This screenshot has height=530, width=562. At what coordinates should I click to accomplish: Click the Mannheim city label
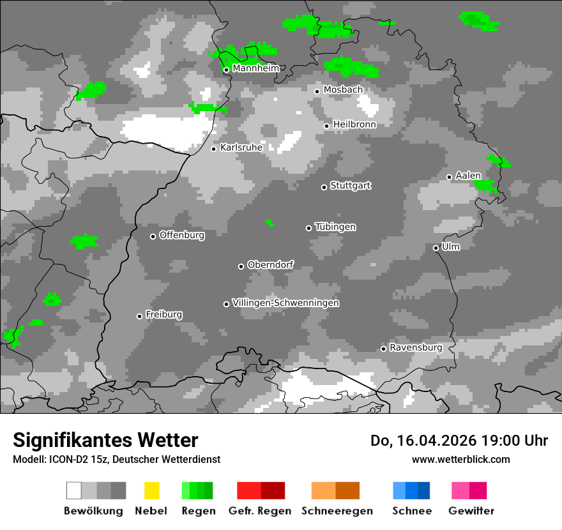tap(256, 68)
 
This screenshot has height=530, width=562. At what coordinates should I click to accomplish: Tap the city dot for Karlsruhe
tap(214, 149)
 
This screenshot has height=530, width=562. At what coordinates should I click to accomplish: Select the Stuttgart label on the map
tap(351, 186)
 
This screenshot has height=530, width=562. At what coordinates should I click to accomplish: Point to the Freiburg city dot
tap(139, 316)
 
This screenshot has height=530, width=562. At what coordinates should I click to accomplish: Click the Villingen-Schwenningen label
tap(285, 303)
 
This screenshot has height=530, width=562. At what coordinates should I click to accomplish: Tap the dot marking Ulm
tap(436, 248)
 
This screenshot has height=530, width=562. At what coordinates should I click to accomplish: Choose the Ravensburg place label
tap(416, 348)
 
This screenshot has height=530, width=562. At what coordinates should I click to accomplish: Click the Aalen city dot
tap(449, 177)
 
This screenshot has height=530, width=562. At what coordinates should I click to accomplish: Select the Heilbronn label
tap(354, 125)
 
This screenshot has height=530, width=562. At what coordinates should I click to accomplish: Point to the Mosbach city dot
tap(317, 91)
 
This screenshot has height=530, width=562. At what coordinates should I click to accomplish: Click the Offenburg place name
tap(182, 235)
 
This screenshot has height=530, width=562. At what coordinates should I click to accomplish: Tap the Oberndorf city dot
tap(241, 266)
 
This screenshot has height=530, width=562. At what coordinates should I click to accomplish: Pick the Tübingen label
tap(335, 227)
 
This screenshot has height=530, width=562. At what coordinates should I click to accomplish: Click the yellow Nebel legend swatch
tap(152, 490)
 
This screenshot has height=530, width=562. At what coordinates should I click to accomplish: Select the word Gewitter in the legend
tap(471, 511)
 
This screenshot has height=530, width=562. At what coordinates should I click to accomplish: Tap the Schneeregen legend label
tap(336, 511)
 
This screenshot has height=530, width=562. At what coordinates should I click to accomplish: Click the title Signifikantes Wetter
tap(105, 440)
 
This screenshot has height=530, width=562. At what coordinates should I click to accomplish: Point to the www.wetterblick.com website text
tap(460, 459)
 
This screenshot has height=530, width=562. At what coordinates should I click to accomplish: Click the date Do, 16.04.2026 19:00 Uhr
tap(459, 441)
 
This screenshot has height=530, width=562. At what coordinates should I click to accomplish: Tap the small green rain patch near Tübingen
tap(270, 223)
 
